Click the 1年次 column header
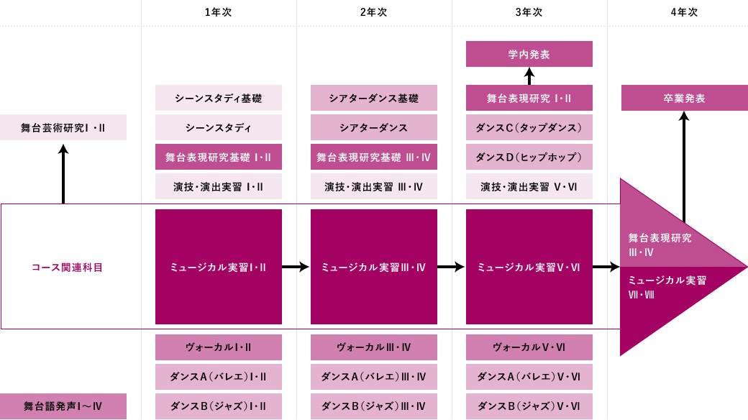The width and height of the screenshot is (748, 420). coord(219,12)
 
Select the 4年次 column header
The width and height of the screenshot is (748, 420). coord(684,12)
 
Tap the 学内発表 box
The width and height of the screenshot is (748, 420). coord(529,54)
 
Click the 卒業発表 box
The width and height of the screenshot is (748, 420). coord(684,98)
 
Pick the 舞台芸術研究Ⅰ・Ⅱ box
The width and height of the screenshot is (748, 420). coord(63,127)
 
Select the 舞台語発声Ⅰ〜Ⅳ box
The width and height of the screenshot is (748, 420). coord(63,406)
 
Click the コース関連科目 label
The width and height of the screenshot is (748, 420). coord(67,267)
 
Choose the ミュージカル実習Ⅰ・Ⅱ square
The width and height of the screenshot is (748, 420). coord(219,267)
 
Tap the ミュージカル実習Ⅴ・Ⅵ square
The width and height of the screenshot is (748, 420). coord(529,267)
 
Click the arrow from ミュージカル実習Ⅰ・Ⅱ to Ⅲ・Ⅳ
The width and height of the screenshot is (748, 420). coord(296,267)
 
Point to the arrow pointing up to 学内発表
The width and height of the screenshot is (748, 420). coord(529,76)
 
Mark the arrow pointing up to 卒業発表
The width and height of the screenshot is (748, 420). coord(684,165)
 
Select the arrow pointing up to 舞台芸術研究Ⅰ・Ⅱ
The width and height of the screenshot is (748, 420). coord(63,173)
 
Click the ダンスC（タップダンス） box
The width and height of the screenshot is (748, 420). coord(529,127)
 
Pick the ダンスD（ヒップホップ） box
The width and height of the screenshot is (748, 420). coord(529,157)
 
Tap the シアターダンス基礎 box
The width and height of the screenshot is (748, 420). coord(374,98)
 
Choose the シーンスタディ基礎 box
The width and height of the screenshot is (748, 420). coord(219,98)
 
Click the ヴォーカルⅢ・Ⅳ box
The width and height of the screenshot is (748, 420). coord(374,347)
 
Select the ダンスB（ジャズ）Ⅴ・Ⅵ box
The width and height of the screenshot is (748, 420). coord(529,406)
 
